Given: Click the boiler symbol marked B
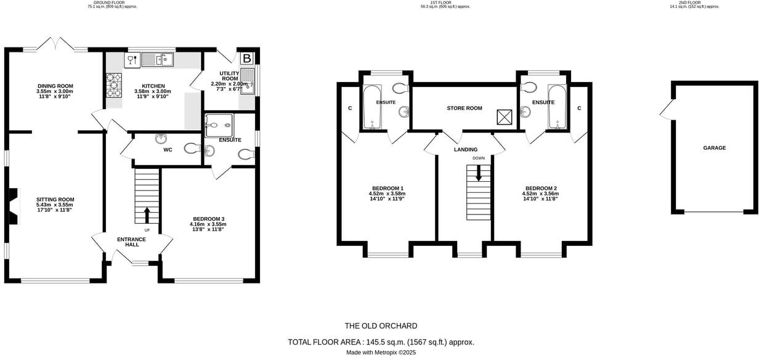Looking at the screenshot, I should click(x=246, y=59).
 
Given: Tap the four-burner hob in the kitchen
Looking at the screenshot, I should click(x=114, y=86).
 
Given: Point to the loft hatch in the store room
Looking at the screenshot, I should click(x=505, y=116).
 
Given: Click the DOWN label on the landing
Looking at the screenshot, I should click(x=479, y=158).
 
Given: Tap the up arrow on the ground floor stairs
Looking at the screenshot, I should click(x=147, y=215).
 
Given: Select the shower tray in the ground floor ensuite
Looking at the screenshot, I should click(x=219, y=125).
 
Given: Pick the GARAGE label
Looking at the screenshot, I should click(x=715, y=148).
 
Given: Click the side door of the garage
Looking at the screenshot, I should click(x=665, y=112).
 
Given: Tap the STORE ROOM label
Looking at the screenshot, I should click(x=465, y=108).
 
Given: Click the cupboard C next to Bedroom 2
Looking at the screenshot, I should click(x=579, y=108).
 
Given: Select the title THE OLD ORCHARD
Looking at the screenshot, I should click(x=381, y=326).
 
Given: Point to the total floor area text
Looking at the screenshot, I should click(x=381, y=342).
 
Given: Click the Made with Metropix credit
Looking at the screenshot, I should click(x=381, y=353).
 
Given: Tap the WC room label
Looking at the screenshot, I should click(x=168, y=150).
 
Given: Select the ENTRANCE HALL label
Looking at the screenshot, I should click(x=132, y=242).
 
